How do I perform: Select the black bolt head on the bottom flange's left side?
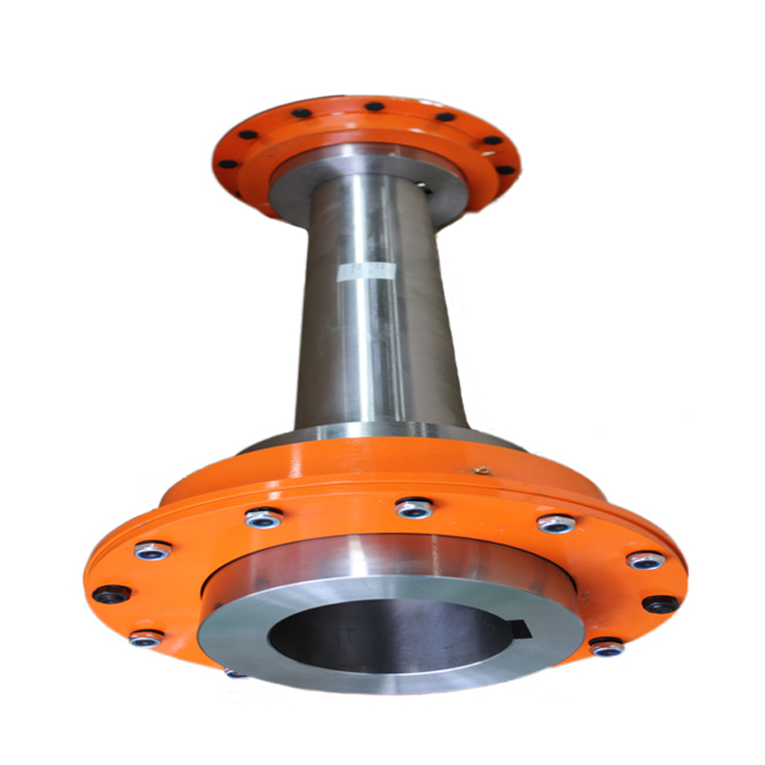111,594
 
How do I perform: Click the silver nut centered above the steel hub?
414,508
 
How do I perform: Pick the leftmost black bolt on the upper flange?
227,164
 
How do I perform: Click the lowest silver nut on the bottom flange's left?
145,638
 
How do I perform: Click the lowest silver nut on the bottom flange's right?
607,647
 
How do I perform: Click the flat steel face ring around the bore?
287,622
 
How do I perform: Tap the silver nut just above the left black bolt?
151,552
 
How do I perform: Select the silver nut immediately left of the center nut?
263,519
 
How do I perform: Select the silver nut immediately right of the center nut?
556,524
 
